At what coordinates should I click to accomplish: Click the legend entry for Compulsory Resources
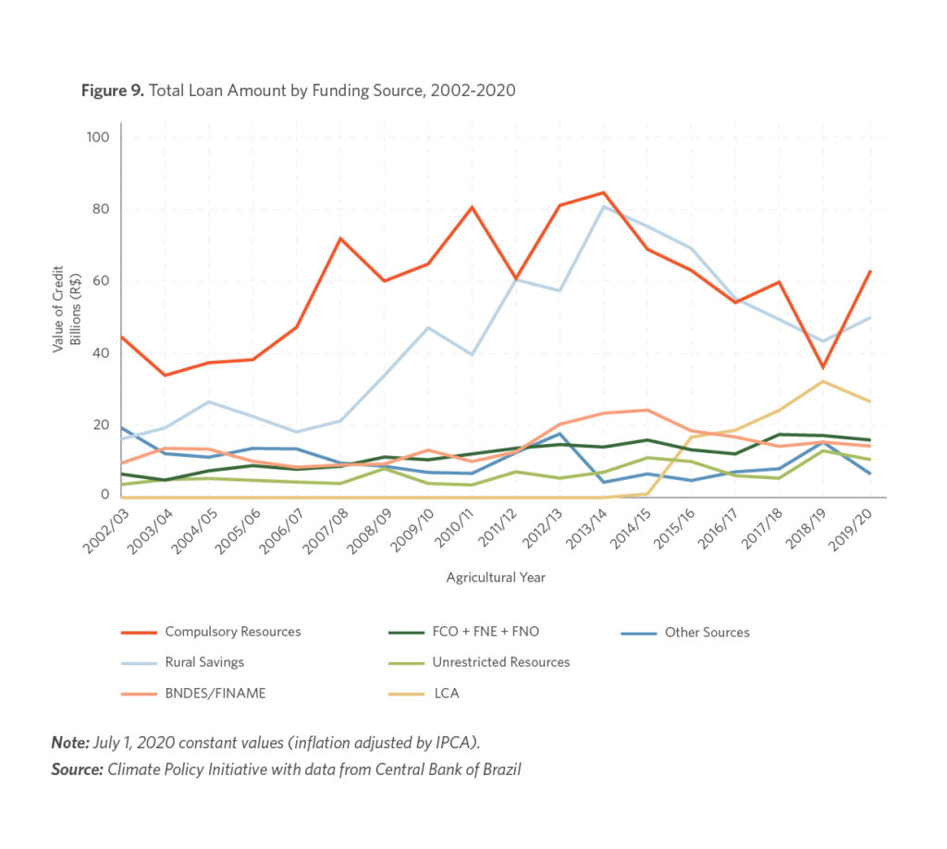pyautogui.click(x=232, y=633)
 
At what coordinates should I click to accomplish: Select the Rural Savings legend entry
pyautogui.click(x=204, y=662)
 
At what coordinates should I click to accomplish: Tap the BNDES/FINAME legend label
pyautogui.click(x=215, y=693)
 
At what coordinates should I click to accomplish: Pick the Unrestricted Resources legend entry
pyautogui.click(x=500, y=662)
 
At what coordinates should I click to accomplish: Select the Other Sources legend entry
pyautogui.click(x=707, y=633)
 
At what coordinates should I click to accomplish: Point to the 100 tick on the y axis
pyautogui.click(x=98, y=138)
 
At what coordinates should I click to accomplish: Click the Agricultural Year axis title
pyautogui.click(x=496, y=578)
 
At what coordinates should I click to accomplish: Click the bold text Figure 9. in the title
pyautogui.click(x=110, y=91)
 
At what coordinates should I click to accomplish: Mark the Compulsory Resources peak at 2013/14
pyautogui.click(x=604, y=192)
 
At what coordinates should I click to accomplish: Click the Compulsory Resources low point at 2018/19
pyautogui.click(x=822, y=367)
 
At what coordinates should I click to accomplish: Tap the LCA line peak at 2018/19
pyautogui.click(x=822, y=381)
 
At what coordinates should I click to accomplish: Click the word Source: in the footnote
pyautogui.click(x=77, y=769)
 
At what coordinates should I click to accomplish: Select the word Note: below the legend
pyautogui.click(x=70, y=743)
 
